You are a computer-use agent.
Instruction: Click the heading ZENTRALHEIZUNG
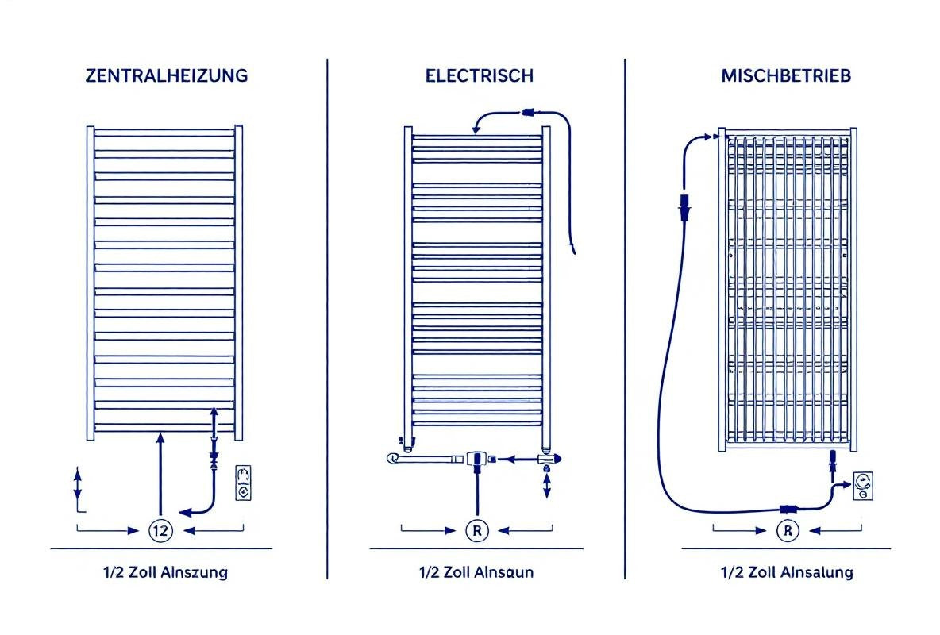click(x=167, y=75)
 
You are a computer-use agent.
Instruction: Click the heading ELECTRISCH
click(x=479, y=75)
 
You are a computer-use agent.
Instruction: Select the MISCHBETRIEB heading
click(x=786, y=75)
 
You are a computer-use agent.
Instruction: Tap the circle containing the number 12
click(x=160, y=531)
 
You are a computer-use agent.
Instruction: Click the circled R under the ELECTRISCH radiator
click(x=477, y=531)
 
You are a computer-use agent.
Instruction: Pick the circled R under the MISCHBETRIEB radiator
click(x=788, y=531)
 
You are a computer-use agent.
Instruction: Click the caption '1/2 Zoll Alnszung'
click(x=165, y=572)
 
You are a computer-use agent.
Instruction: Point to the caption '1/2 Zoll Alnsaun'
click(x=476, y=572)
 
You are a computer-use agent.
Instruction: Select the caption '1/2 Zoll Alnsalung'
click(x=787, y=572)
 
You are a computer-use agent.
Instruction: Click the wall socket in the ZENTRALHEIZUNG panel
click(x=244, y=483)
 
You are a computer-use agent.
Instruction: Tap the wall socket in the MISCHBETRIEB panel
click(x=863, y=487)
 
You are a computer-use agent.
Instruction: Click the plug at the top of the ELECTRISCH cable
click(x=528, y=112)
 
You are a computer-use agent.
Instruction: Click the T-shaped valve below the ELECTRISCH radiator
click(x=476, y=462)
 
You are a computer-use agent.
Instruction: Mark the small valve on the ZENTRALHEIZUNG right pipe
click(x=214, y=460)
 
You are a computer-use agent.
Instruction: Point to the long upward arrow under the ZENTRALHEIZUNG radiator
click(x=160, y=474)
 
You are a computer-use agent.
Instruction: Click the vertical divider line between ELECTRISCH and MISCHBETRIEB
click(x=625, y=319)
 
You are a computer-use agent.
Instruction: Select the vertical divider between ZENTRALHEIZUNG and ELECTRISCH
click(x=327, y=319)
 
